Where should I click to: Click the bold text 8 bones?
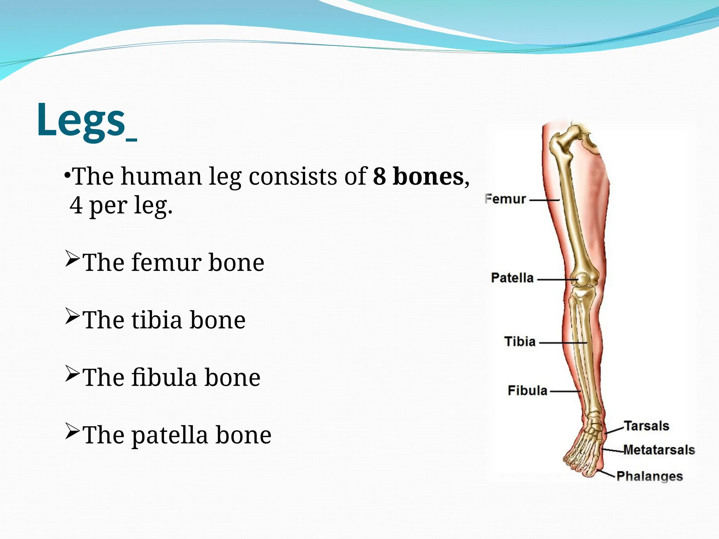point(418,176)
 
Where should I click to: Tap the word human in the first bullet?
point(161,176)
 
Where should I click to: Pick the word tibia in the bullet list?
point(157,320)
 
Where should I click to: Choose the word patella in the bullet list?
point(170,435)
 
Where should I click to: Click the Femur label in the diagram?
point(505,199)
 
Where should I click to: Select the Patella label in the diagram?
point(512,278)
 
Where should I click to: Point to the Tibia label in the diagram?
point(520,341)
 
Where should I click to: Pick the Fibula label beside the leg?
point(527,391)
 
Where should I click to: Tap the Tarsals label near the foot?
point(646,426)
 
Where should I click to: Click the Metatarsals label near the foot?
point(659,450)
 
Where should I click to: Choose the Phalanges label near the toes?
point(649,476)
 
